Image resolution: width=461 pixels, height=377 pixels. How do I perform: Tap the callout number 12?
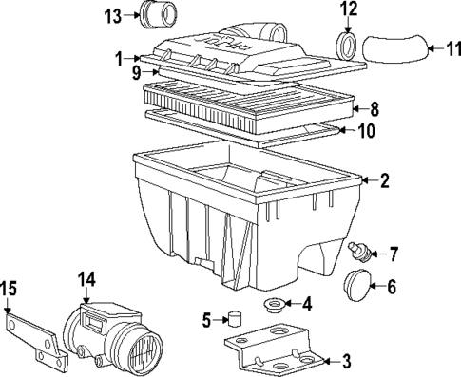pos(349,10)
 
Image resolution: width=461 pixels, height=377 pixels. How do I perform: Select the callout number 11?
pos(446,47)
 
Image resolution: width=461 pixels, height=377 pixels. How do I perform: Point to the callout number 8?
pos(374,108)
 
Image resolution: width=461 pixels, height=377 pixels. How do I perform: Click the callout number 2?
pos(384,180)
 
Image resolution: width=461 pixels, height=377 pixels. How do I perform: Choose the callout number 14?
pos(86,279)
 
